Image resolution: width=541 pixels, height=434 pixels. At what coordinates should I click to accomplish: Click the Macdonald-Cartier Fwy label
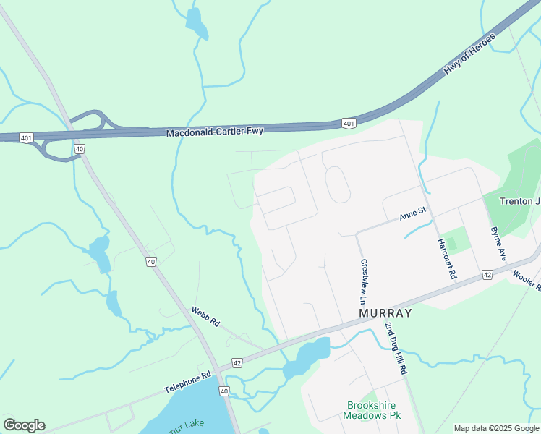click(x=215, y=132)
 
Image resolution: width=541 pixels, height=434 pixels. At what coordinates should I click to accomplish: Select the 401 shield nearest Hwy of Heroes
click(x=349, y=124)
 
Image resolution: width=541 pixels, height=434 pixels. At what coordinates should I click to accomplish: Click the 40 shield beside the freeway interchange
click(x=80, y=149)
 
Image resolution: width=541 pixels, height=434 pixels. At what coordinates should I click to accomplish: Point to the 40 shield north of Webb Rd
click(x=150, y=262)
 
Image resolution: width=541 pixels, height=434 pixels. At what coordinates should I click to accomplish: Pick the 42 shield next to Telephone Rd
click(x=237, y=362)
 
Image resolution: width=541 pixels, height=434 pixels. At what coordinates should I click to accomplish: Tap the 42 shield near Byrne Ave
click(x=487, y=274)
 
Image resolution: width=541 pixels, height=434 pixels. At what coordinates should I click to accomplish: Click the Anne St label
click(x=414, y=214)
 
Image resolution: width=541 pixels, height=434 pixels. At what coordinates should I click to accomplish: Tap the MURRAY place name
click(x=385, y=313)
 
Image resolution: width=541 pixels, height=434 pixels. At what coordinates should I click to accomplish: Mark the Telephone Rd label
click(x=187, y=382)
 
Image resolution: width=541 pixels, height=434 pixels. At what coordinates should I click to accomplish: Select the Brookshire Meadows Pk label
click(x=373, y=410)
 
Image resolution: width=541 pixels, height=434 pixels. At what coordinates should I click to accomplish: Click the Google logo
click(x=24, y=425)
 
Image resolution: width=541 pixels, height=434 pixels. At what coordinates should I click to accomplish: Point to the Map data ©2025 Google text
click(x=497, y=428)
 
